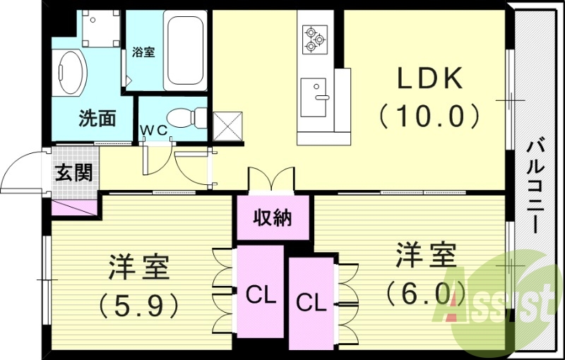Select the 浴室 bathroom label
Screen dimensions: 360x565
[x=143, y=52]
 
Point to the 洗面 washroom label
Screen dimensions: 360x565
[x=97, y=118]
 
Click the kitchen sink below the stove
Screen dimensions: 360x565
[x=314, y=97]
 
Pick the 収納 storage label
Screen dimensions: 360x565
[x=273, y=218]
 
